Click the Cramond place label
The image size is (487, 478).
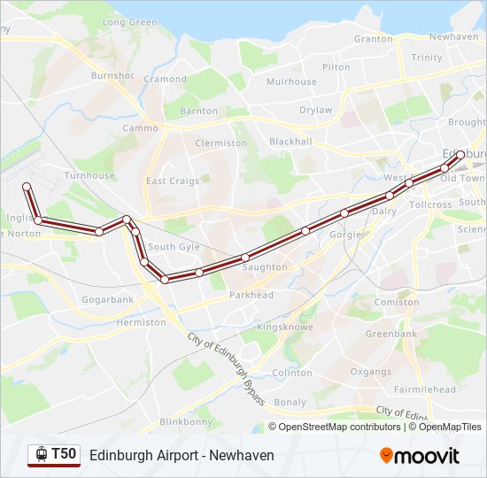point(166,79)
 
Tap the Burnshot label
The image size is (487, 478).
point(112,76)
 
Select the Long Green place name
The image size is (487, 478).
point(130,22)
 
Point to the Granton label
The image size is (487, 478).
point(373,39)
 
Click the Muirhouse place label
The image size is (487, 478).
point(291,81)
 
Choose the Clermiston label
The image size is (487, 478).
point(221,143)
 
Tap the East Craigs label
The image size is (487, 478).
point(174,181)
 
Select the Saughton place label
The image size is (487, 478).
point(264,267)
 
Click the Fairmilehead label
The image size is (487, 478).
point(425,389)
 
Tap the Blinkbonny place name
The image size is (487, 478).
point(186,422)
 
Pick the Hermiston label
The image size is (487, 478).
point(141,322)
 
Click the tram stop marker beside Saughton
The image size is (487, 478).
point(245,258)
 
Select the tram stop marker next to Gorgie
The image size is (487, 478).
point(344,213)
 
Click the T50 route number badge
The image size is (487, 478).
point(64,454)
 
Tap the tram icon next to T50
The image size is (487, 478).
point(40,454)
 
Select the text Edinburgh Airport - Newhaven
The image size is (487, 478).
point(182,455)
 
